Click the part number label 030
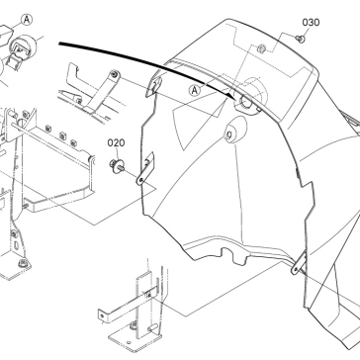(x=311, y=23)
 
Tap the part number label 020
(x=116, y=142)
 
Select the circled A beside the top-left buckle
(x=27, y=20)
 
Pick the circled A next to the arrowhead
(x=195, y=90)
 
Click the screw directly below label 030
(x=301, y=39)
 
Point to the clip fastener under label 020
(x=117, y=165)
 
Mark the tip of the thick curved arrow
(x=234, y=98)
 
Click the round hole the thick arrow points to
(x=246, y=102)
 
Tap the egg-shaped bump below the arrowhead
(x=235, y=129)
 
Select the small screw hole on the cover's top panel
(x=262, y=48)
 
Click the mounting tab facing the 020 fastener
(x=145, y=168)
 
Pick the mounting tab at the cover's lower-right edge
(x=299, y=262)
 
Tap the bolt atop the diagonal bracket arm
(x=115, y=74)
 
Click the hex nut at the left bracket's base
(x=23, y=263)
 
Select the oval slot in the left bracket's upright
(x=16, y=246)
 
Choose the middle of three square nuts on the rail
(x=62, y=135)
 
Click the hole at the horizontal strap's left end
(x=102, y=316)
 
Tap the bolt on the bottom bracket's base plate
(x=134, y=325)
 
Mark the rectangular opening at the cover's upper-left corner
(x=153, y=85)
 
